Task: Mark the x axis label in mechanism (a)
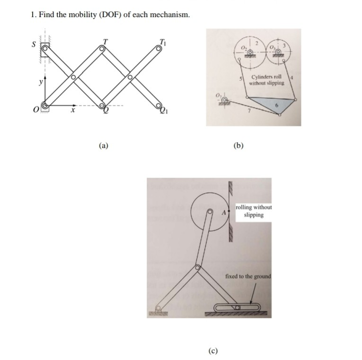point(72,112)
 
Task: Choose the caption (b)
point(238,146)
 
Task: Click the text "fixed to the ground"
point(248,276)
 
